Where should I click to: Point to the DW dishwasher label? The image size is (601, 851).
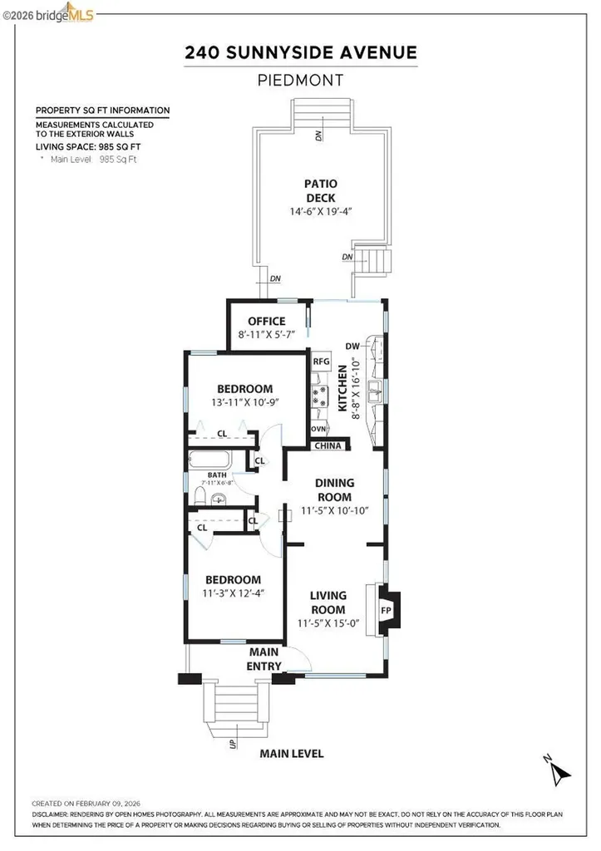(352, 347)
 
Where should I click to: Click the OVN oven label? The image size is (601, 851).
(318, 429)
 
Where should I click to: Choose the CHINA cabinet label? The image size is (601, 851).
(327, 446)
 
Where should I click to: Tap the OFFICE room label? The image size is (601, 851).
(266, 322)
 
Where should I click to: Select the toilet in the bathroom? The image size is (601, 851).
(198, 496)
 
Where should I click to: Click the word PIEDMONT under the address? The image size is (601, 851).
(300, 81)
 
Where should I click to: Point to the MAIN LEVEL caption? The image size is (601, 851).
(291, 754)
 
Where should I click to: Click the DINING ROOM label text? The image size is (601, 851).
(335, 489)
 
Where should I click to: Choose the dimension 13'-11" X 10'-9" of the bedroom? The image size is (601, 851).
(245, 403)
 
